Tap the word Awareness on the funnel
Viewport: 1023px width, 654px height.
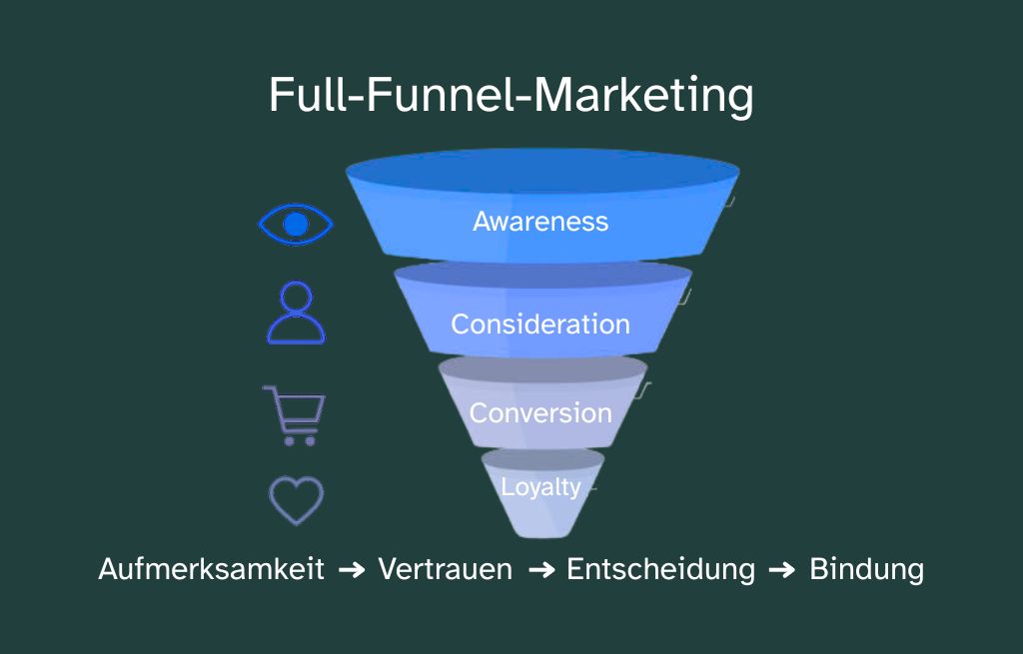[x=540, y=221]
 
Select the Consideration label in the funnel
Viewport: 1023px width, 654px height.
[x=540, y=324]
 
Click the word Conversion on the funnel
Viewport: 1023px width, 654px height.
[x=540, y=412]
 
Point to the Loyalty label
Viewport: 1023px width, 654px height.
[x=540, y=487]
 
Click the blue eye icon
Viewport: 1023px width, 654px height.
[x=295, y=224]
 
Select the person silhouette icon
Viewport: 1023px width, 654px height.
[x=296, y=313]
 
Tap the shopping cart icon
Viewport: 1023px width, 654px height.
[x=294, y=414]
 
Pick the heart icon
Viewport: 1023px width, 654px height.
[x=296, y=499]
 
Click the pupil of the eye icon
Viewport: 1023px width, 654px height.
[x=295, y=224]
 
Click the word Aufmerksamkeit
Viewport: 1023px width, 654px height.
[x=211, y=569]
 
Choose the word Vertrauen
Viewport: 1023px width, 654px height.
[x=445, y=569]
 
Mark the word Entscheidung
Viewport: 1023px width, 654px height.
[x=660, y=569]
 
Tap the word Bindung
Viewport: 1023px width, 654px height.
[x=866, y=569]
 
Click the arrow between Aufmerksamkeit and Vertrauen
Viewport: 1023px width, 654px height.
[x=352, y=570]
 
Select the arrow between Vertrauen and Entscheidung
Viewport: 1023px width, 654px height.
[x=540, y=570]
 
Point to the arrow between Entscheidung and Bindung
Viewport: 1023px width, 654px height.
[x=782, y=570]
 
